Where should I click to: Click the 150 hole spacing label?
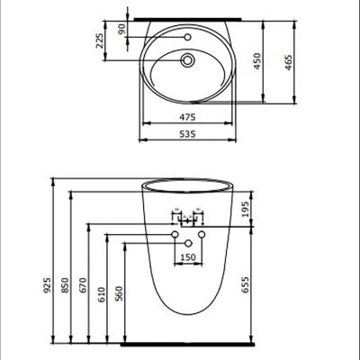pyautogui.click(x=188, y=257)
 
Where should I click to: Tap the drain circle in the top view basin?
pyautogui.click(x=188, y=61)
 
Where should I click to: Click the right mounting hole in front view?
pyautogui.click(x=202, y=235)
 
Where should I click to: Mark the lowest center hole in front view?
pyautogui.click(x=188, y=243)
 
